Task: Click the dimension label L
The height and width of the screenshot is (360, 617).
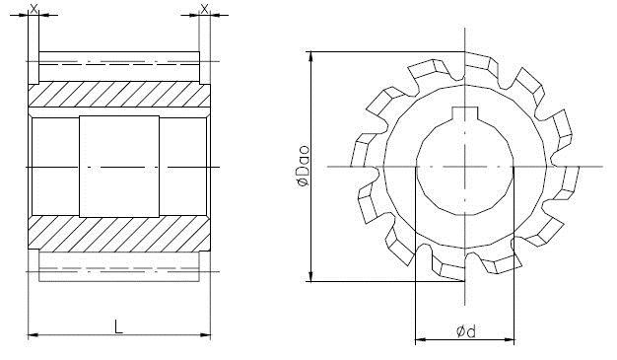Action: pos(118,326)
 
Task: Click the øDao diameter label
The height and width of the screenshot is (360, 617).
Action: pos(303,166)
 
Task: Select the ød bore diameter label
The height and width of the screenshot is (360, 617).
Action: pos(466,331)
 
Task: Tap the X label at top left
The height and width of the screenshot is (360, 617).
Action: pos(34,9)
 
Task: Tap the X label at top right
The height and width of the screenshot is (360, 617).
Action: pos(205,9)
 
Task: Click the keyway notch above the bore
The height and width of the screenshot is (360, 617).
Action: pos(464,113)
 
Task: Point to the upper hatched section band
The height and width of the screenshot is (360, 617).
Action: pos(119,94)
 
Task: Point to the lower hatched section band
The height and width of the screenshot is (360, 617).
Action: pos(119,234)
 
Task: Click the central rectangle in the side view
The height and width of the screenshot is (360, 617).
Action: pos(119,167)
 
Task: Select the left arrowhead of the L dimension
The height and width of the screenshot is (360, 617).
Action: pos(34,335)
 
